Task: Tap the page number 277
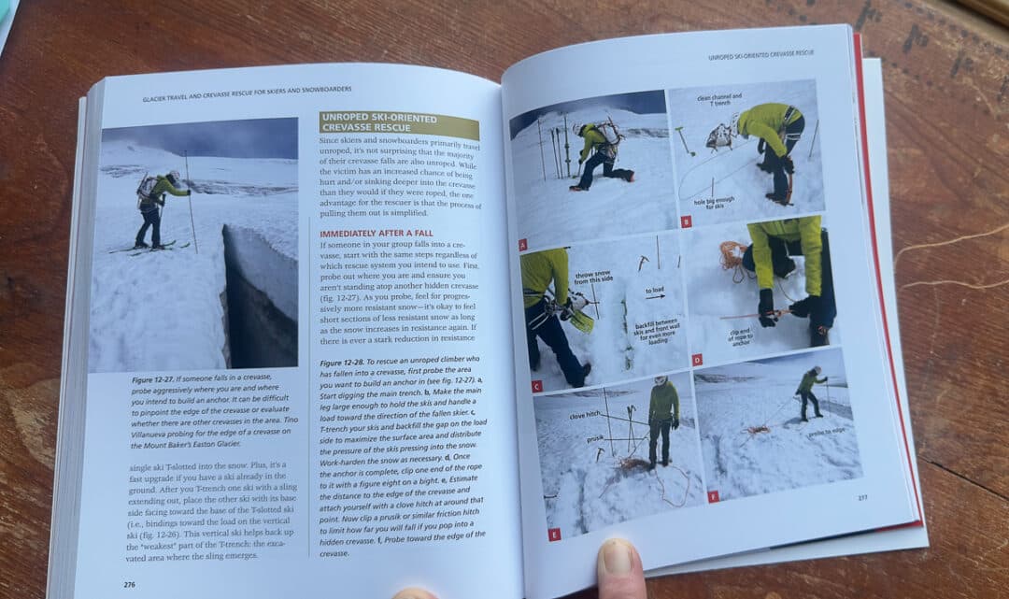coord(861,497)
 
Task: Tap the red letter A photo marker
coord(522,245)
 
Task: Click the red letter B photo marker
coord(686,221)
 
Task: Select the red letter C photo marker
coord(536,385)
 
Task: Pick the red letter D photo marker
coord(697,359)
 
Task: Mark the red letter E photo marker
coord(554,534)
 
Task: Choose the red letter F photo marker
coord(714,496)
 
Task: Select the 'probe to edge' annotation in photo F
coord(827,433)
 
